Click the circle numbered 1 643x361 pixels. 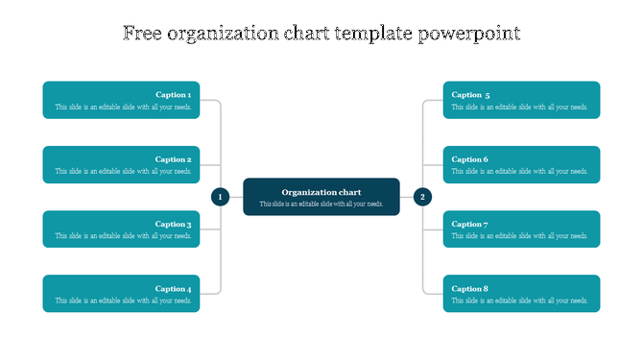(220, 197)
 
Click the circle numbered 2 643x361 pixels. (422, 197)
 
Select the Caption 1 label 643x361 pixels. (174, 95)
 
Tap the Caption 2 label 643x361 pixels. (174, 159)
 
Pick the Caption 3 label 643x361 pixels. (174, 225)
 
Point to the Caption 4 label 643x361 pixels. (174, 289)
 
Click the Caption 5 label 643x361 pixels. (471, 95)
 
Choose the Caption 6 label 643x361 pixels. (470, 159)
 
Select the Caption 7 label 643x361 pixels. (470, 225)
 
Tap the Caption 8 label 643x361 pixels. (470, 289)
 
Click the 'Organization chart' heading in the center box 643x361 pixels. (321, 192)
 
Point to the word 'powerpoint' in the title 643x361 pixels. (470, 35)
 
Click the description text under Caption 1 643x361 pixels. (124, 108)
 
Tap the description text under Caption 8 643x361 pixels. (520, 301)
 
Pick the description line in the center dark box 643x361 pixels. (321, 205)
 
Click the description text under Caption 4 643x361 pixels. (124, 301)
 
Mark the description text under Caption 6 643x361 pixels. (520, 172)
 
